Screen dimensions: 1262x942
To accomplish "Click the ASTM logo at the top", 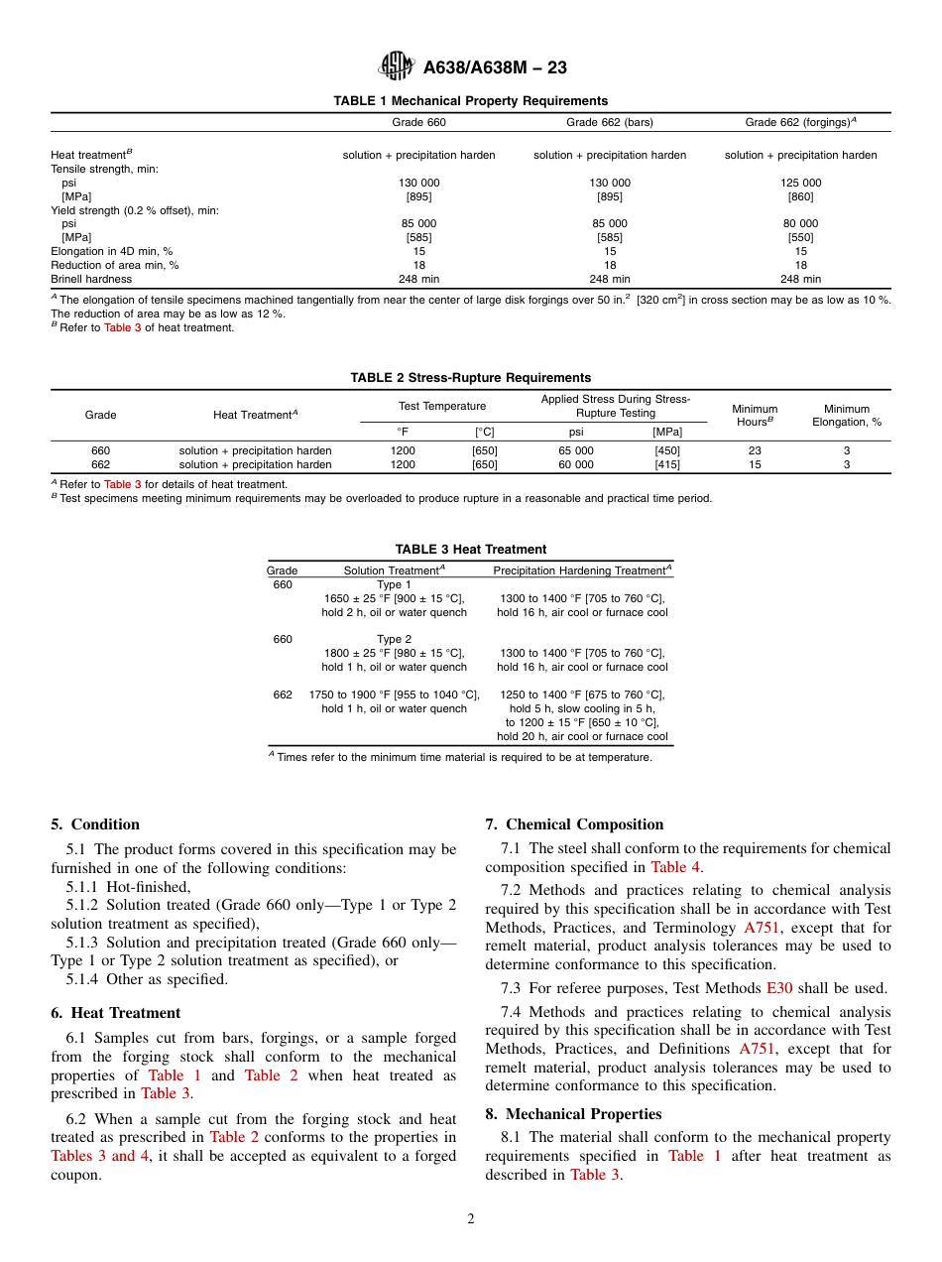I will coord(397,66).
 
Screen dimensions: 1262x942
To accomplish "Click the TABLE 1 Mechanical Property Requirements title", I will coord(470,101).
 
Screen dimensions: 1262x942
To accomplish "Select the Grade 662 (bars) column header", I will coord(610,123).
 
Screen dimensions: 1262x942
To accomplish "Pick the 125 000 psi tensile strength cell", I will coord(800,183).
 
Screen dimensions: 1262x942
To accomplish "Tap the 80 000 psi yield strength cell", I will coord(800,224).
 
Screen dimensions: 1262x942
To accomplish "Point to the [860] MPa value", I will coord(800,196).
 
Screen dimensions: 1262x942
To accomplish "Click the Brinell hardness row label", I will coord(91,280).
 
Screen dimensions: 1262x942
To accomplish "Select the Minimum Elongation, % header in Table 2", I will coord(846,416).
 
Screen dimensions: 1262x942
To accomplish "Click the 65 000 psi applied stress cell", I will coord(576,450).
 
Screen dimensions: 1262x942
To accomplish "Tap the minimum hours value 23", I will coord(755,450).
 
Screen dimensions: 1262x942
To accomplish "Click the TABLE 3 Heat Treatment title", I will coord(470,550).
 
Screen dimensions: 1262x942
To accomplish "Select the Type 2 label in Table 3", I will coord(394,640).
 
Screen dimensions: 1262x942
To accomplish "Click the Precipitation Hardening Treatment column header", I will coord(582,570).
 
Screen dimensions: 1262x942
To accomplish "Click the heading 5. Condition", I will coord(95,824).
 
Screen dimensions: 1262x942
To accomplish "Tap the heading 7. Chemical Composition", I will coord(574,824).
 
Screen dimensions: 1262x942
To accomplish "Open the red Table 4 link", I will coord(675,867).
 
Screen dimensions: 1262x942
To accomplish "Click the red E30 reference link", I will coord(778,988).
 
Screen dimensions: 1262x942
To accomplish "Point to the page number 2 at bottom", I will coord(471,1219).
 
